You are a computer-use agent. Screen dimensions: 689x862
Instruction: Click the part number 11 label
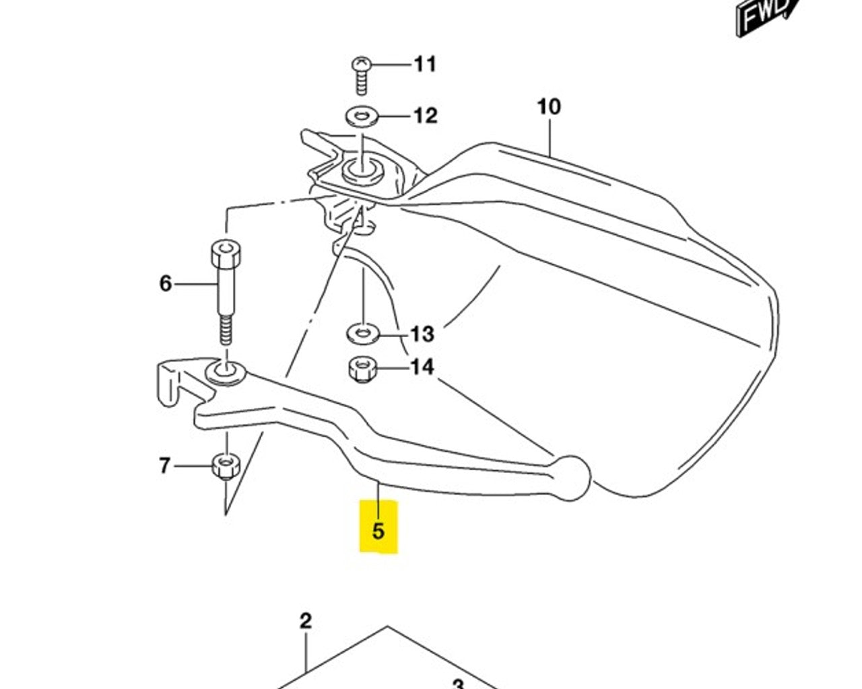click(x=425, y=65)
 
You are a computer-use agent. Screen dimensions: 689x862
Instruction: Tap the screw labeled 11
click(x=361, y=74)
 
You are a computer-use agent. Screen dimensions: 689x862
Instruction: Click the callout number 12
click(x=425, y=116)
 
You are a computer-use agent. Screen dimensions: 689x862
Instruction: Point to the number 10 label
click(x=549, y=107)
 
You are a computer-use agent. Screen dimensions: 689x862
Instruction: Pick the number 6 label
click(x=166, y=284)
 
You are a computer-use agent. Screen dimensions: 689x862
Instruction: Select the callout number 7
click(x=164, y=466)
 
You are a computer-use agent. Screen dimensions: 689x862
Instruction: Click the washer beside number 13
click(x=362, y=333)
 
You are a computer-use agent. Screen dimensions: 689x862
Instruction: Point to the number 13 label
click(x=422, y=334)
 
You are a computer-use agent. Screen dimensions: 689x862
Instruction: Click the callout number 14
click(x=422, y=367)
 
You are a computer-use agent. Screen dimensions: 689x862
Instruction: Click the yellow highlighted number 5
click(x=378, y=530)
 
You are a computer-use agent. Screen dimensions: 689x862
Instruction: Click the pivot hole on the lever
click(x=227, y=371)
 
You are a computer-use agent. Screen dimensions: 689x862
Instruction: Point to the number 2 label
click(x=306, y=621)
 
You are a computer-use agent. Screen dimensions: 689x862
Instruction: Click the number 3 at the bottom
click(x=458, y=684)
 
